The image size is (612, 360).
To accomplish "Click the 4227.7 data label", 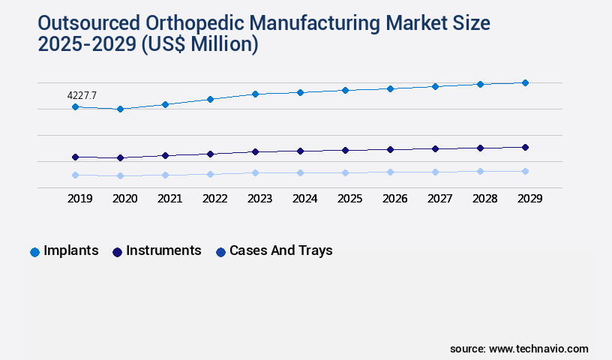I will point(82,95).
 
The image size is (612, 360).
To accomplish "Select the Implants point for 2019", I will point(75,107).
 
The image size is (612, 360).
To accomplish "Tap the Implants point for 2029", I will point(525,82).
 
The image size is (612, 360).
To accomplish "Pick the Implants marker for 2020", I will point(120,109).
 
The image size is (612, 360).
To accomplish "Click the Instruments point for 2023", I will point(255,151).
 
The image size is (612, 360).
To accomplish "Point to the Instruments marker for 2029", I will point(525,147).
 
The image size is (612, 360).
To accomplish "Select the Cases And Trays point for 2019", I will point(75,175).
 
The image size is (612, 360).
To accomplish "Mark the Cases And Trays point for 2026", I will point(390,172).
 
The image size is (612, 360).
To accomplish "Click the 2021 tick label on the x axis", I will point(169,199).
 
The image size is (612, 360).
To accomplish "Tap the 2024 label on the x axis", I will point(304,199).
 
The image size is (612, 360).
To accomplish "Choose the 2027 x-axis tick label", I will point(439,199).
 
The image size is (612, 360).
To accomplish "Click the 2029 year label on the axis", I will point(529,199).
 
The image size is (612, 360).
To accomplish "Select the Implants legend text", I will point(71,250).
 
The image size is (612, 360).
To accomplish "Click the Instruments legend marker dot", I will point(117,252).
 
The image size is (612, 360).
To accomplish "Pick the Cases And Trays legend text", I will point(280,250).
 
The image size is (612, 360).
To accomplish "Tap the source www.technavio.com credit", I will point(519,349).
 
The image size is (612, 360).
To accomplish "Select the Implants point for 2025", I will point(345,90).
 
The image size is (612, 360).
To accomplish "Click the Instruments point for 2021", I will point(165,155).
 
